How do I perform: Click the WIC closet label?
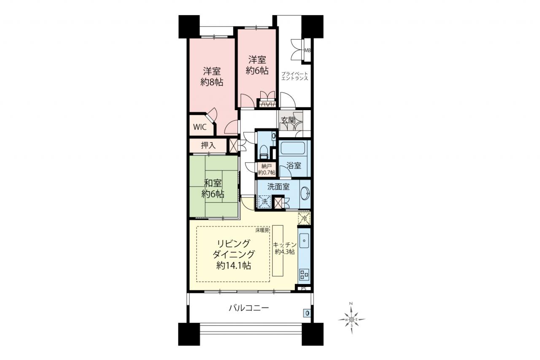[x=200, y=127]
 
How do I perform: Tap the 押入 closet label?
[x=208, y=146]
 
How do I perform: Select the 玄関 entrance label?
[x=288, y=120]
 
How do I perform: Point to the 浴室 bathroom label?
[x=294, y=166]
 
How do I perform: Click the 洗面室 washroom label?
[x=278, y=187]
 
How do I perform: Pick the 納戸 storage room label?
[x=267, y=166]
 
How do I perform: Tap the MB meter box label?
[x=308, y=50]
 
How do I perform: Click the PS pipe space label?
[x=303, y=288]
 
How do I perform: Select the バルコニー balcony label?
[x=249, y=308]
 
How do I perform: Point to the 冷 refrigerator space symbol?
[x=304, y=219]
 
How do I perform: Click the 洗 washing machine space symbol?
[x=265, y=201]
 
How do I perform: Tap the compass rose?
[x=352, y=319]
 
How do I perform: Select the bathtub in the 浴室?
[x=293, y=148]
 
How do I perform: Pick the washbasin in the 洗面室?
[x=306, y=193]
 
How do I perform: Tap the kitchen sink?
[x=304, y=241]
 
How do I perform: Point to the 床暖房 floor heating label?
[x=262, y=230]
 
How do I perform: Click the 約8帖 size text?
[x=212, y=82]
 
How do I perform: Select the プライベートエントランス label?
[x=294, y=76]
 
